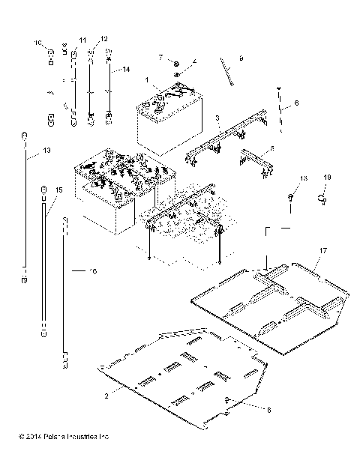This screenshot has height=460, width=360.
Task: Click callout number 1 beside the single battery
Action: point(148,79)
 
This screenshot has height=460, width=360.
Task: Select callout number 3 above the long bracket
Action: point(217,118)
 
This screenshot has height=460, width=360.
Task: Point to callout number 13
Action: point(47,151)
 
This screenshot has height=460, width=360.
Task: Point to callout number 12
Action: point(103,38)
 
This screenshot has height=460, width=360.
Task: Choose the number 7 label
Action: point(160,57)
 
